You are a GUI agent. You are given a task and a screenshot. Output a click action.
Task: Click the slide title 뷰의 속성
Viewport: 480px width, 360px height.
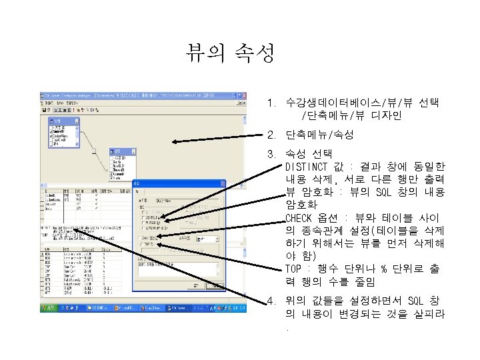230,53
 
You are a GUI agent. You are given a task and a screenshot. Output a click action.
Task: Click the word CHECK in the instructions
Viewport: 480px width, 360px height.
298,218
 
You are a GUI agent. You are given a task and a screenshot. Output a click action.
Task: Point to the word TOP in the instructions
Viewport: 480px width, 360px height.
293,269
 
